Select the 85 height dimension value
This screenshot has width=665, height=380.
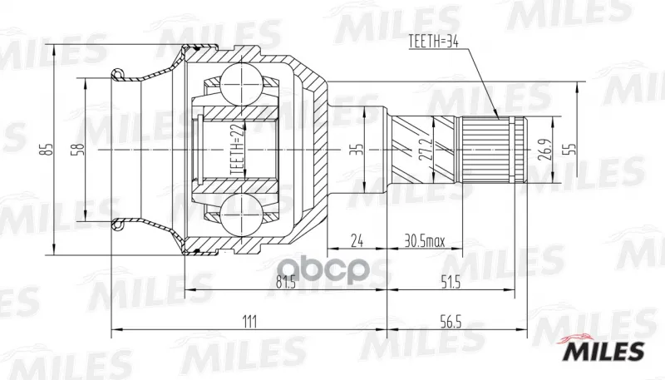tap(48, 150)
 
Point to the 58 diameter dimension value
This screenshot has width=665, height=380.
tap(79, 151)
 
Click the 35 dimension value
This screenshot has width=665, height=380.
tap(359, 150)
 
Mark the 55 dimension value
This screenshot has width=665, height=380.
tap(572, 149)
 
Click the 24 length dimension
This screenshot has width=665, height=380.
tap(357, 241)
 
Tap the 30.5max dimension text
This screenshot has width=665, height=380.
tap(425, 241)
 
